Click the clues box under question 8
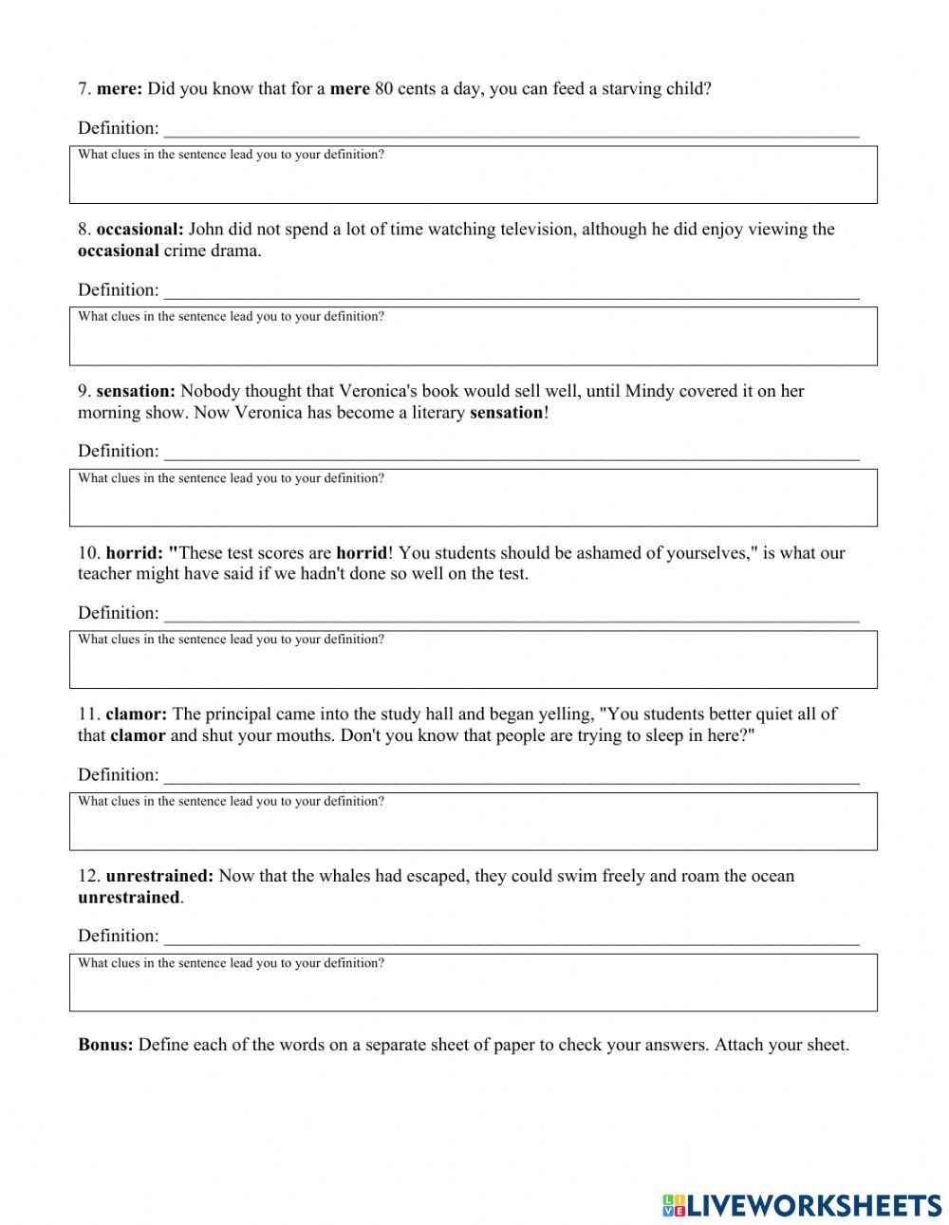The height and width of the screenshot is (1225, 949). pyautogui.click(x=473, y=336)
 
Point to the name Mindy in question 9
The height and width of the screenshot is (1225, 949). pyautogui.click(x=650, y=391)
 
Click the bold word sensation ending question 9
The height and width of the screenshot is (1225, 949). pyautogui.click(x=507, y=413)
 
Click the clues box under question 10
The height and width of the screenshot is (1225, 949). pyautogui.click(x=473, y=659)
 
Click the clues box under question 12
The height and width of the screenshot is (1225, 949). pyautogui.click(x=473, y=982)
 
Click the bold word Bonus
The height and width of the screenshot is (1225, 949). pyautogui.click(x=105, y=1046)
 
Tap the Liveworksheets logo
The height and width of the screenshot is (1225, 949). pyautogui.click(x=802, y=1205)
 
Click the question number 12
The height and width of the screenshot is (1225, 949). pyautogui.click(x=88, y=876)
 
